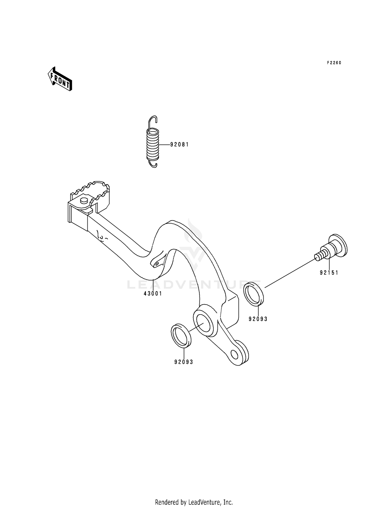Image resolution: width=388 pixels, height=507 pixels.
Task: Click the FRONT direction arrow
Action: click(60, 79)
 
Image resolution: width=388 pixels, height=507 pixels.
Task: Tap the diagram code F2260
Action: click(334, 63)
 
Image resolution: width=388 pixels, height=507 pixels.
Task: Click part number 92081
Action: click(180, 145)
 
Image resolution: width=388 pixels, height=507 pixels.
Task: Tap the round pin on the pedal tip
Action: click(84, 200)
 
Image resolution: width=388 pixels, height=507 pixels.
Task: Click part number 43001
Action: click(153, 294)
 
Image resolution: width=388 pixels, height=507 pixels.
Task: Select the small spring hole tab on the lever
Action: click(157, 264)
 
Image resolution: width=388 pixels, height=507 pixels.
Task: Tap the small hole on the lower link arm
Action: click(234, 355)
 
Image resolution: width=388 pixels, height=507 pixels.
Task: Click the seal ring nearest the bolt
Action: click(254, 293)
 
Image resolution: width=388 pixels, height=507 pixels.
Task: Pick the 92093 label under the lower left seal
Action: click(184, 362)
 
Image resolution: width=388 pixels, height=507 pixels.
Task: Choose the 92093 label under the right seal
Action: click(258, 319)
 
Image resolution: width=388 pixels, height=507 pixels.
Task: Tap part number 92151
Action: click(329, 273)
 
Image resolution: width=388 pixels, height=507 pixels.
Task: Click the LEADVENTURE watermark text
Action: click(194, 285)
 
